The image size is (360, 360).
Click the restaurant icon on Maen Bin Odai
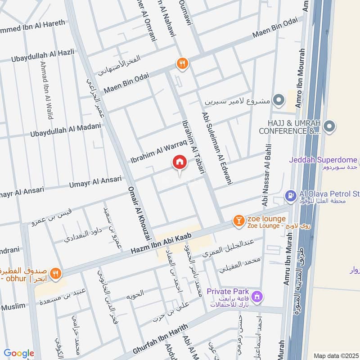(x=182, y=64)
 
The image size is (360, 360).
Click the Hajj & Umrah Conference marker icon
(x=330, y=127)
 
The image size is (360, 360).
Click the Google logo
(x=19, y=353)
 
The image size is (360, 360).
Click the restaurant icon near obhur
(x=55, y=273)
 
